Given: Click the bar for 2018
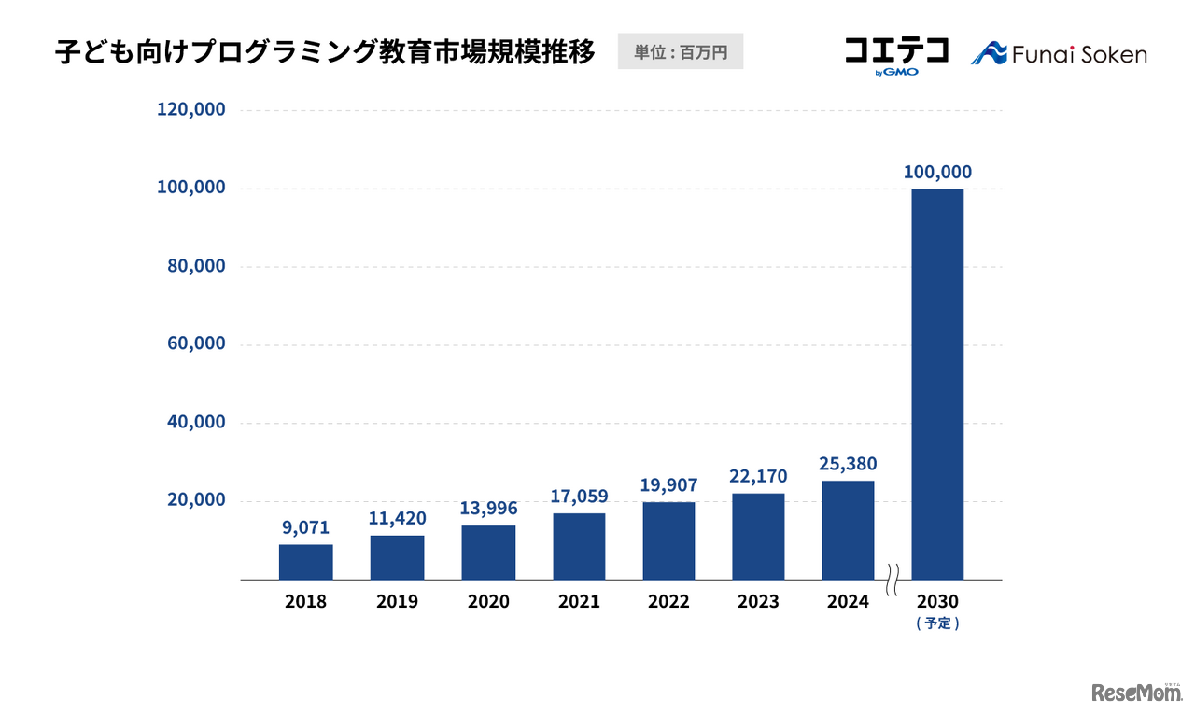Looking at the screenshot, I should pos(305,562).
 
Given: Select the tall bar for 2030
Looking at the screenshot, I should pos(937,384).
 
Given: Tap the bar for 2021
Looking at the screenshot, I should pos(579,546).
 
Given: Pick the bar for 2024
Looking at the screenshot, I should pos(848,530).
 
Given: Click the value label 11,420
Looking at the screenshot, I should pos(397,518).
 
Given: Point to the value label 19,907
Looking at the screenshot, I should pos(668,485).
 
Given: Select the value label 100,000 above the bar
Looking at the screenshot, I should pos(937,172).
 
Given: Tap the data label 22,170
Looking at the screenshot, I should pos(758,476).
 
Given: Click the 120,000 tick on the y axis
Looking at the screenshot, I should pos(190,109).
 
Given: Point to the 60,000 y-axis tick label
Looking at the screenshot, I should pos(195,343).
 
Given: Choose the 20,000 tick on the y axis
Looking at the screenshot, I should pos(195,500).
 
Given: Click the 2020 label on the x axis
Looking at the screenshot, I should pos(488,602).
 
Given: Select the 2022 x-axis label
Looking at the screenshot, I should pos(668,602).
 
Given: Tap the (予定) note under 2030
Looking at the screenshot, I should pos(937,623).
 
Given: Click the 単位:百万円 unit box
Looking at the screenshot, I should pos(681,52).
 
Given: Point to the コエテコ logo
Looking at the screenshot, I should pos(895,52).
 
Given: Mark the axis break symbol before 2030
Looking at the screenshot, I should pos(893,580).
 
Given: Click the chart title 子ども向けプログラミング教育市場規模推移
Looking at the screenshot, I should pos(325,52).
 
